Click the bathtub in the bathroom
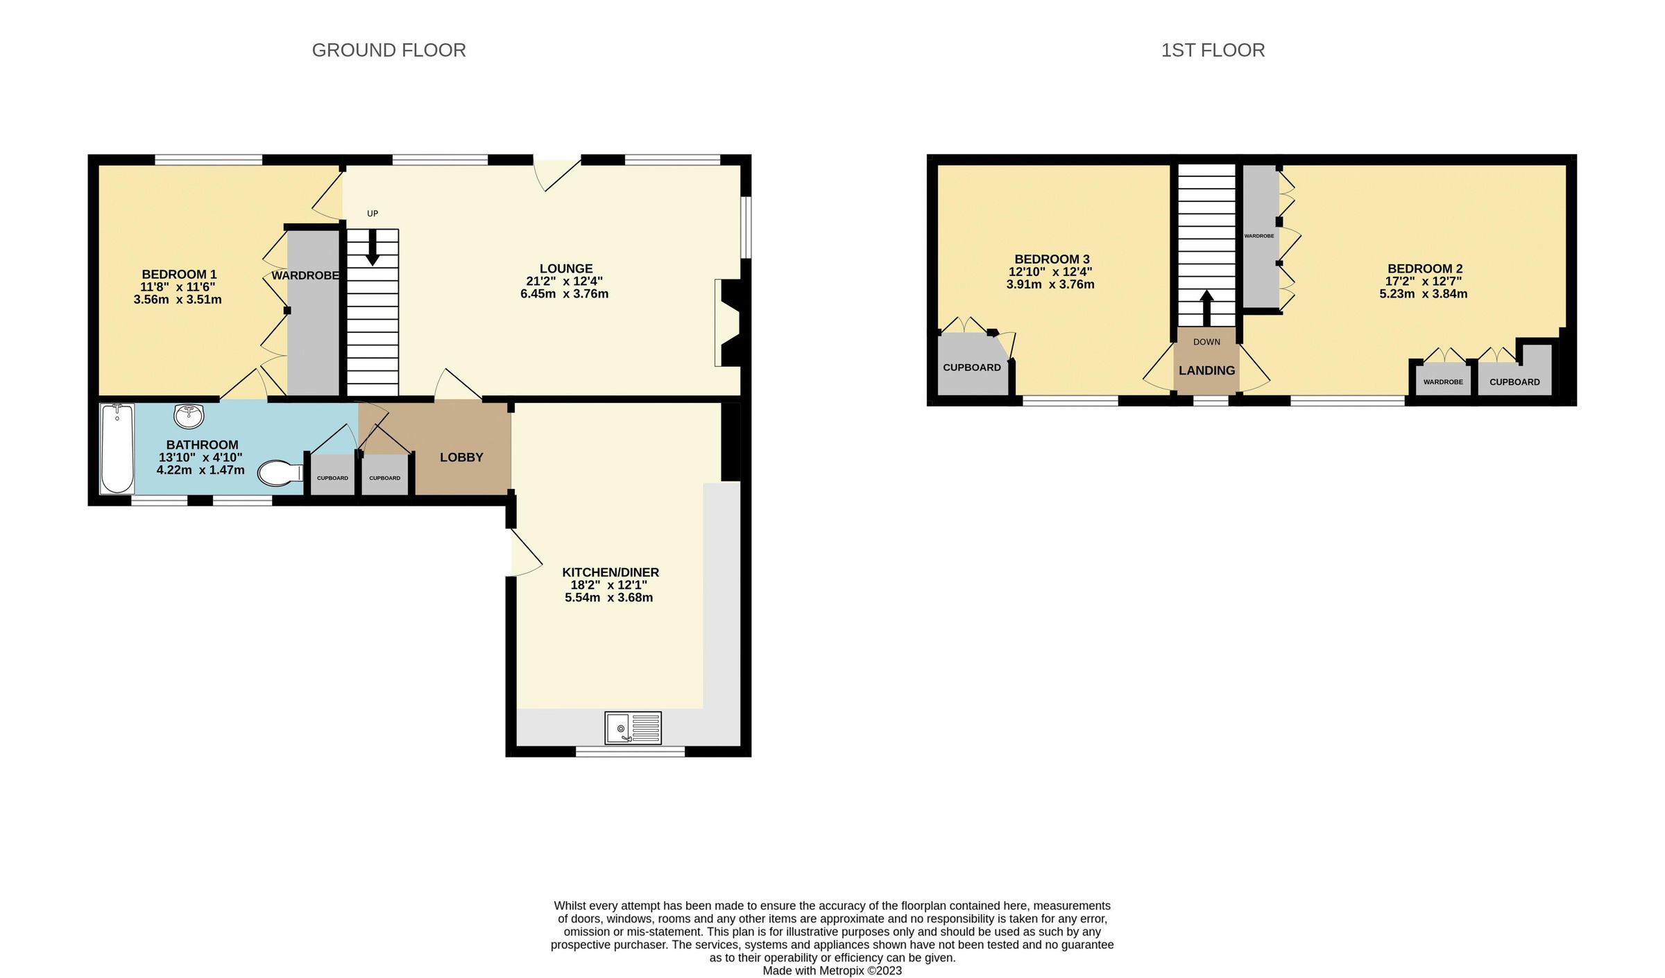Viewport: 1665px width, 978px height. click(x=117, y=448)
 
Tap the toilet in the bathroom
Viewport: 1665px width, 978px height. click(x=279, y=474)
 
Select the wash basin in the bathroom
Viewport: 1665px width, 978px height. click(x=188, y=415)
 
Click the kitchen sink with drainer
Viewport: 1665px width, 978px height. click(x=633, y=728)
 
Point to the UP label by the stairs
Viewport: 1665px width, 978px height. click(x=373, y=214)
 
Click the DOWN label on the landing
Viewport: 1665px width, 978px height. click(x=1206, y=342)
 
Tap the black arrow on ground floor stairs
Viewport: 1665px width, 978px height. click(x=373, y=248)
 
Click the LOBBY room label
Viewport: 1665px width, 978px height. click(x=461, y=457)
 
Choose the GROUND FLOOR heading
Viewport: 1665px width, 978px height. click(x=388, y=51)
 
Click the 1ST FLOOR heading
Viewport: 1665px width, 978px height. click(x=1213, y=51)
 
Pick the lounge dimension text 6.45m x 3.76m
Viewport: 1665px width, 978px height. click(x=564, y=294)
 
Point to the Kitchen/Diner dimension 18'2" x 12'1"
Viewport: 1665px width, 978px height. click(x=608, y=585)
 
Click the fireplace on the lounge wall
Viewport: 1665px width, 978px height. click(x=728, y=323)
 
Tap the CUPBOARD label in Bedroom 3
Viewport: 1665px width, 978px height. click(x=971, y=368)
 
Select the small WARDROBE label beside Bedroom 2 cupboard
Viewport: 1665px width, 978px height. click(x=1443, y=382)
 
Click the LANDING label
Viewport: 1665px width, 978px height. click(x=1206, y=370)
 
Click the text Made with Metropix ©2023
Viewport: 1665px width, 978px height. click(x=832, y=970)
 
